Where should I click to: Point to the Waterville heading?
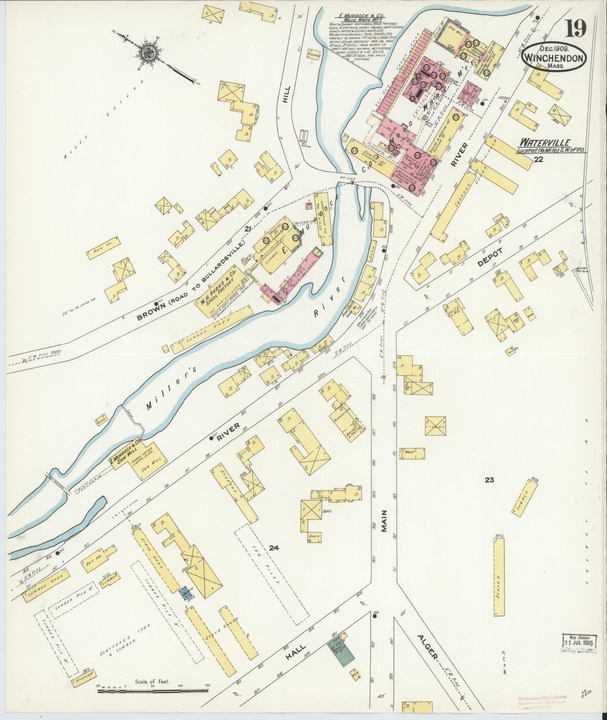pos(545,143)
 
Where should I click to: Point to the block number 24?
pos(274,548)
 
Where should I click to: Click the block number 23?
pos(489,480)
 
